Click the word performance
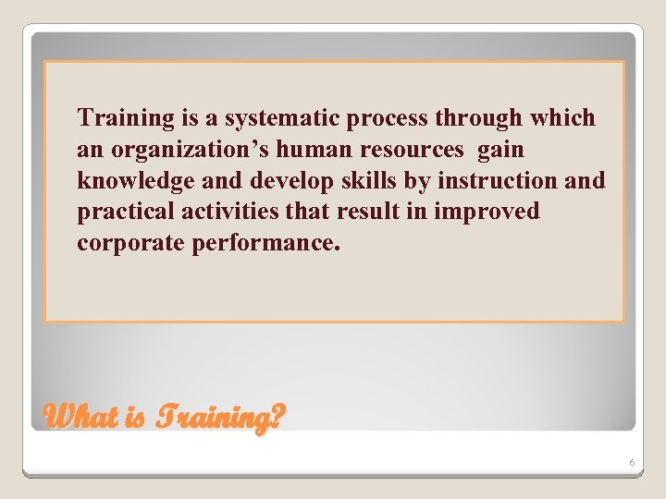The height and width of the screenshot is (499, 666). click(265, 244)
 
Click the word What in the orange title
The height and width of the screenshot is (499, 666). click(80, 417)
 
